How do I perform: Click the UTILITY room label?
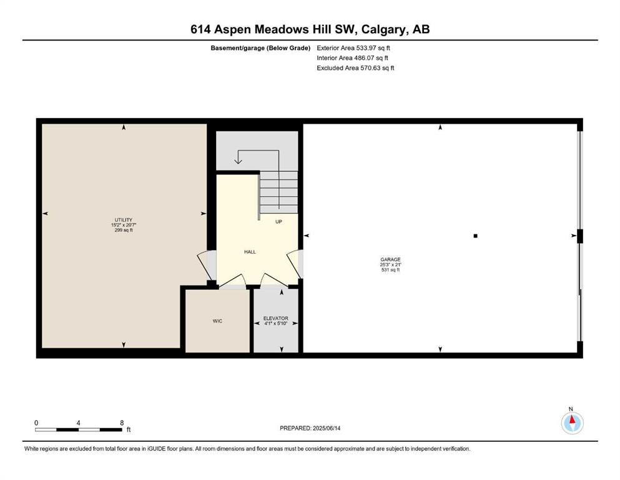point(124,220)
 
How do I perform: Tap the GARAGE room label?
point(390,259)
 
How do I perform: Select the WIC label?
point(217,321)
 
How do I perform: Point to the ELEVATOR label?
point(275,318)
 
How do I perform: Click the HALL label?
point(250,252)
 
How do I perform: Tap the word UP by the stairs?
point(278,222)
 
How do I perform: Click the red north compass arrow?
point(572,419)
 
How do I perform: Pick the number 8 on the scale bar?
point(122,422)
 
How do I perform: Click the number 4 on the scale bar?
point(78,422)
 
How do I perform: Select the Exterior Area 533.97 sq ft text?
point(353,48)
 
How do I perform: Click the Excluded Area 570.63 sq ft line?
point(355,67)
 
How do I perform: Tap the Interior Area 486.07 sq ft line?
point(352,57)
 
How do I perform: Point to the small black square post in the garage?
point(475,236)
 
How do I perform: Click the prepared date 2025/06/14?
point(327,428)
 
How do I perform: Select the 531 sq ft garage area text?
point(390,270)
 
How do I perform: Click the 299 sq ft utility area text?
point(124,230)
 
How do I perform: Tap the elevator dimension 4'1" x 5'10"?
point(275,323)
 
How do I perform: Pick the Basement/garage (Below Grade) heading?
point(260,48)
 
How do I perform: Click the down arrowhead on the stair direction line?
point(238,161)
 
